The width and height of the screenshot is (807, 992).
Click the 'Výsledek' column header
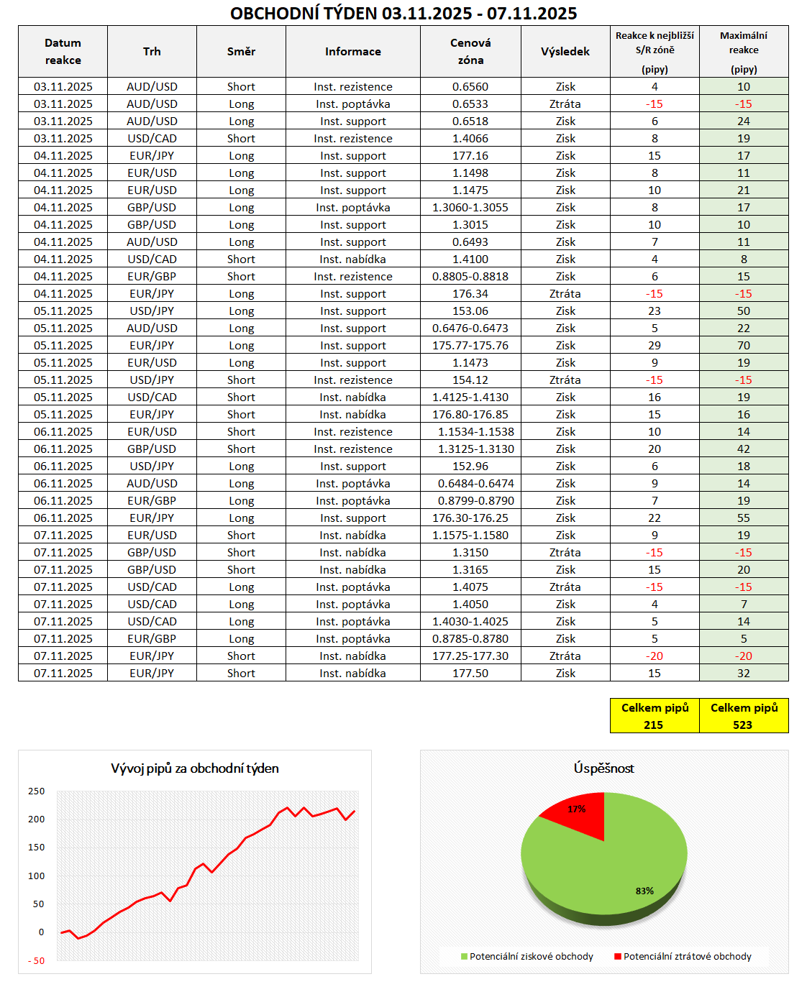pyautogui.click(x=565, y=52)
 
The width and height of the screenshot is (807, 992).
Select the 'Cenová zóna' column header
pyautogui.click(x=470, y=52)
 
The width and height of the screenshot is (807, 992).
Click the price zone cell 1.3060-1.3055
pyautogui.click(x=470, y=208)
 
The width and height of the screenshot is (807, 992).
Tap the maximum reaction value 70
pyautogui.click(x=743, y=346)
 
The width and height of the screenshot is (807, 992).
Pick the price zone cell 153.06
pyautogui.click(x=470, y=311)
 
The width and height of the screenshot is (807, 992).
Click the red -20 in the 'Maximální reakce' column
pyautogui.click(x=743, y=656)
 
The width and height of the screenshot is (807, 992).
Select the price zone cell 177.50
pyautogui.click(x=470, y=674)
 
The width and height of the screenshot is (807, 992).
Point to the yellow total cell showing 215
pyautogui.click(x=654, y=725)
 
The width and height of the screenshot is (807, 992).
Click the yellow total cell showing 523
pyautogui.click(x=743, y=725)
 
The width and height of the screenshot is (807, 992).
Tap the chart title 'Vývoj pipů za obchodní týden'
pyautogui.click(x=195, y=768)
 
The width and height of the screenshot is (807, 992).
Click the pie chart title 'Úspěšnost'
pyautogui.click(x=603, y=768)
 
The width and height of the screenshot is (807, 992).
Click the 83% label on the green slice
pyautogui.click(x=644, y=891)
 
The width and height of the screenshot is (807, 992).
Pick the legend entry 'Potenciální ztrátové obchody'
pyautogui.click(x=687, y=956)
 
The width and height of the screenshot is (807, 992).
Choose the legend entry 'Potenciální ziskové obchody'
pyautogui.click(x=531, y=956)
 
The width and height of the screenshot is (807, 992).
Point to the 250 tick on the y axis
pyautogui.click(x=36, y=791)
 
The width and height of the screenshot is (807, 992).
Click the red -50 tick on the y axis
pyautogui.click(x=36, y=960)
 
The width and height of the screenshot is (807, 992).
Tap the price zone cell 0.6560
pyautogui.click(x=470, y=87)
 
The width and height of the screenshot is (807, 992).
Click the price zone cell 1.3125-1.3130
pyautogui.click(x=475, y=449)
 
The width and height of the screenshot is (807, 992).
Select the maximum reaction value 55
pyautogui.click(x=743, y=518)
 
